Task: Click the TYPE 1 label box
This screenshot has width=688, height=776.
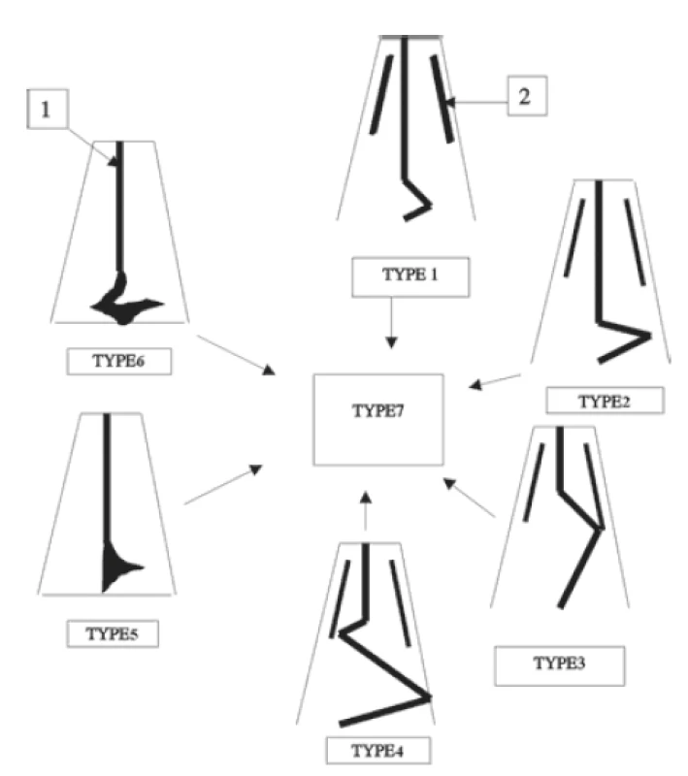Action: [410, 276]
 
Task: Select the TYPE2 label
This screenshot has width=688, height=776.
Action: [605, 401]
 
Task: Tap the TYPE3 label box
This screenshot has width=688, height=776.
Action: [559, 665]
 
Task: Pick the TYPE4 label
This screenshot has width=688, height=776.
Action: [378, 750]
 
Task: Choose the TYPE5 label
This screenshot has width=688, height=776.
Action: [113, 633]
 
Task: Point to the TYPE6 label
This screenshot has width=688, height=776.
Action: [118, 361]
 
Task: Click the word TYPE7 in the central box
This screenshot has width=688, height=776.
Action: [378, 410]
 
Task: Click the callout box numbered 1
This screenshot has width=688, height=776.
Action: [47, 109]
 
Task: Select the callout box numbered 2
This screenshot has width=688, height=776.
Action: [527, 95]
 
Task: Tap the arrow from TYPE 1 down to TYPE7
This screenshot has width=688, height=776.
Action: [391, 323]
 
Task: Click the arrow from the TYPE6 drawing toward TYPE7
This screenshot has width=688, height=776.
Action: [236, 355]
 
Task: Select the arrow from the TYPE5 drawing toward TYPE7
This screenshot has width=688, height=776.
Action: [223, 484]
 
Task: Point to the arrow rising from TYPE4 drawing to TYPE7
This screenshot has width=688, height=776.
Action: [365, 511]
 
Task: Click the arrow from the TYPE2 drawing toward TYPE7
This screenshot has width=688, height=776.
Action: [495, 381]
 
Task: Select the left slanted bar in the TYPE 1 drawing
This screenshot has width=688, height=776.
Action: [381, 94]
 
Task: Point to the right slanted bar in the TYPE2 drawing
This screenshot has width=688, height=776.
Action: [635, 242]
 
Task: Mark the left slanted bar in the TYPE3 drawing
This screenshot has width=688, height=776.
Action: [534, 482]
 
